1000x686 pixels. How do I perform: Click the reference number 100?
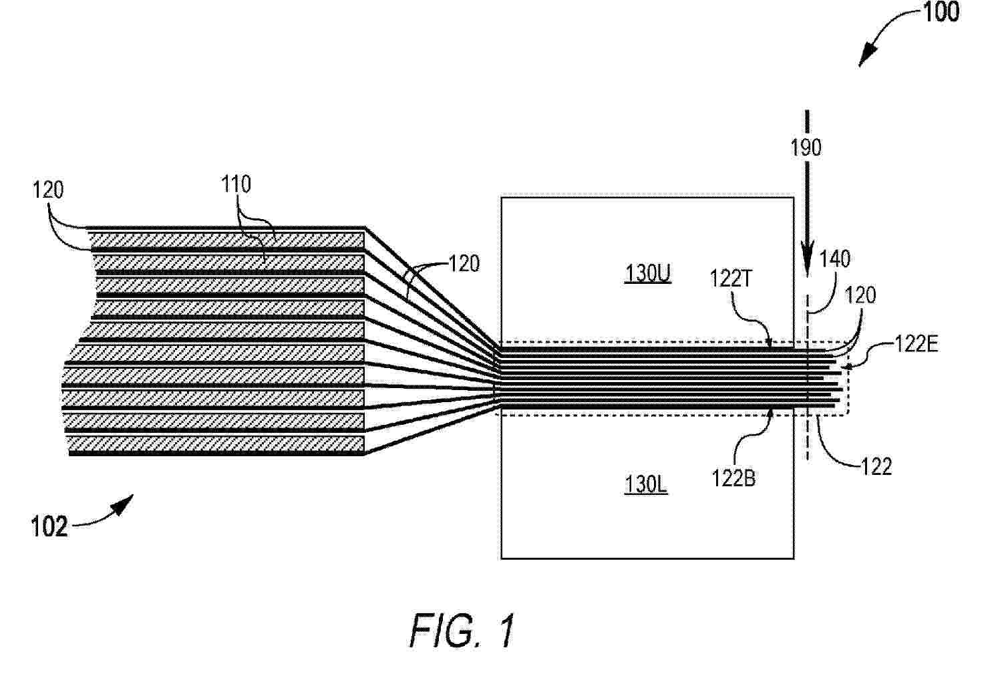(941, 12)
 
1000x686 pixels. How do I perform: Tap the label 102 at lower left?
(49, 526)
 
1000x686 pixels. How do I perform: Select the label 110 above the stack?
(236, 184)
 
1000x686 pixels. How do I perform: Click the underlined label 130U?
(648, 273)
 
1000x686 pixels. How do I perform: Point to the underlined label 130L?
(646, 485)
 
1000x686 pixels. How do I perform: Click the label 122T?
(731, 279)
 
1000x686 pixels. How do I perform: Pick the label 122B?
(733, 479)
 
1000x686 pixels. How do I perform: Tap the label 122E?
(916, 344)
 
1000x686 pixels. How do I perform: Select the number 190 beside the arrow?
(806, 148)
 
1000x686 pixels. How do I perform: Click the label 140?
(835, 259)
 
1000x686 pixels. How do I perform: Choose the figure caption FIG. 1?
(462, 631)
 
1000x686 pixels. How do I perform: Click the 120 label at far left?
(48, 190)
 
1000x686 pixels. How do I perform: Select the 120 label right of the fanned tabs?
(464, 264)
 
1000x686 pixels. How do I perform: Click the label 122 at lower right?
(876, 467)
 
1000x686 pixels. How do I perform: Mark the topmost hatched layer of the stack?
(227, 240)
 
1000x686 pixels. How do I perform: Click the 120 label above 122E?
(860, 295)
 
